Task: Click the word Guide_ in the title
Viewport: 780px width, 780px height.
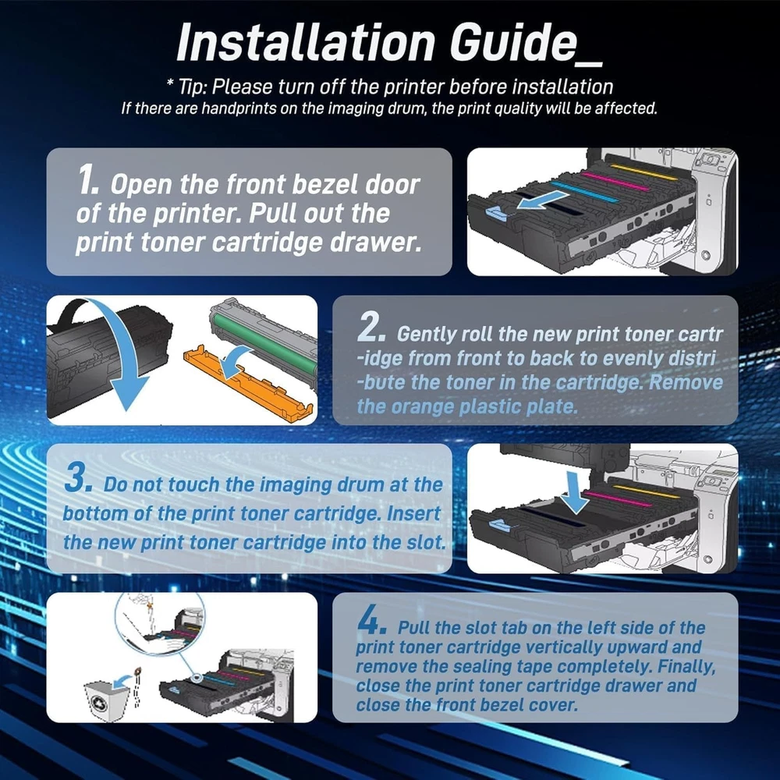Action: point(526,43)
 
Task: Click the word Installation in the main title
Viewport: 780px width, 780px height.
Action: point(306,42)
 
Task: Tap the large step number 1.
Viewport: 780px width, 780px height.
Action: point(88,179)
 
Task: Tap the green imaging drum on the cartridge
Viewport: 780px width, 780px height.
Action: point(264,346)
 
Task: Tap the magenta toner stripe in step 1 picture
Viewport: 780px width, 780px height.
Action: point(615,181)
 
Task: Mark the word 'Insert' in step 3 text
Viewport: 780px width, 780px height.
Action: point(414,513)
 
